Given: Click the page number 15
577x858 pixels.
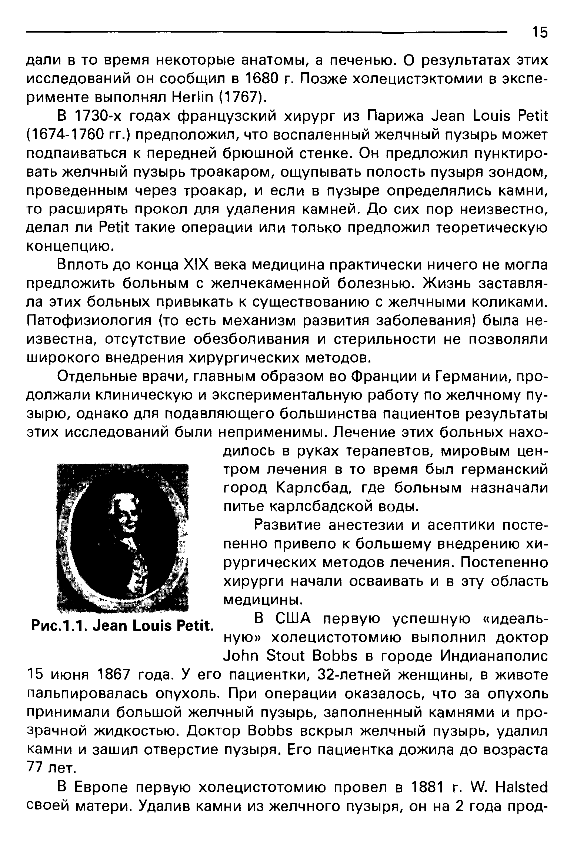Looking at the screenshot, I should [539, 33].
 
